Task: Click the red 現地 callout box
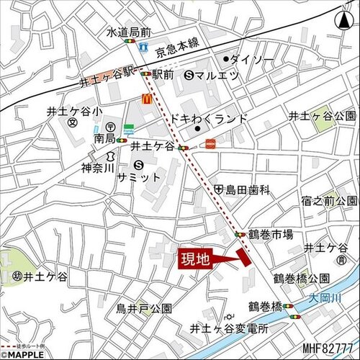point(196,258)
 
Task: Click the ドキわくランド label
point(220,118)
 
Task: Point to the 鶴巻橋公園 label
point(301,278)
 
